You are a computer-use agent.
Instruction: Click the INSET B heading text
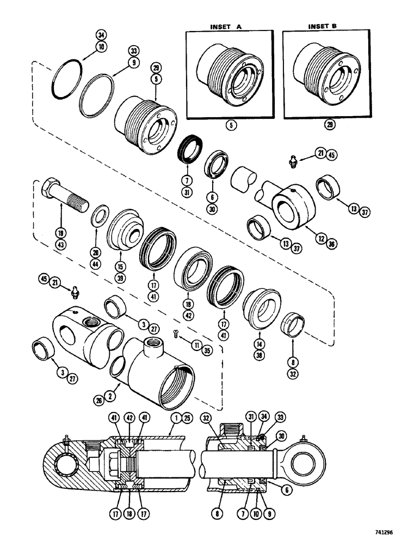point(323,26)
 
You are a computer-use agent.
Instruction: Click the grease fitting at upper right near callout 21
point(292,161)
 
